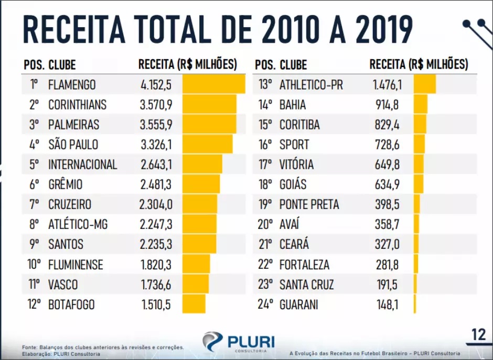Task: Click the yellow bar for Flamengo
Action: click(213, 84)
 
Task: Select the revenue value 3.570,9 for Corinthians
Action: click(156, 105)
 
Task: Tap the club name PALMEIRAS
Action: click(73, 125)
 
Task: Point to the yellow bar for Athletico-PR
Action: click(424, 84)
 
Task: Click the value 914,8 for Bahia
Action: click(387, 105)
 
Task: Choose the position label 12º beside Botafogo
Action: click(34, 304)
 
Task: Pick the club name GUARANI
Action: click(299, 304)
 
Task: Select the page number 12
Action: click(478, 335)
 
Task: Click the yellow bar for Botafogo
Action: click(194, 304)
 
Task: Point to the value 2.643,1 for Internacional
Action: click(156, 165)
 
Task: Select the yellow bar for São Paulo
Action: click(207, 145)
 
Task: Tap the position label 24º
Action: click(265, 304)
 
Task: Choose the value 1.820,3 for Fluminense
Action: click(156, 265)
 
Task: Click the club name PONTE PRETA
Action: click(309, 204)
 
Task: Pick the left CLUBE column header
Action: click(62, 65)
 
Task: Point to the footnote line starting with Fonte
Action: click(103, 347)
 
